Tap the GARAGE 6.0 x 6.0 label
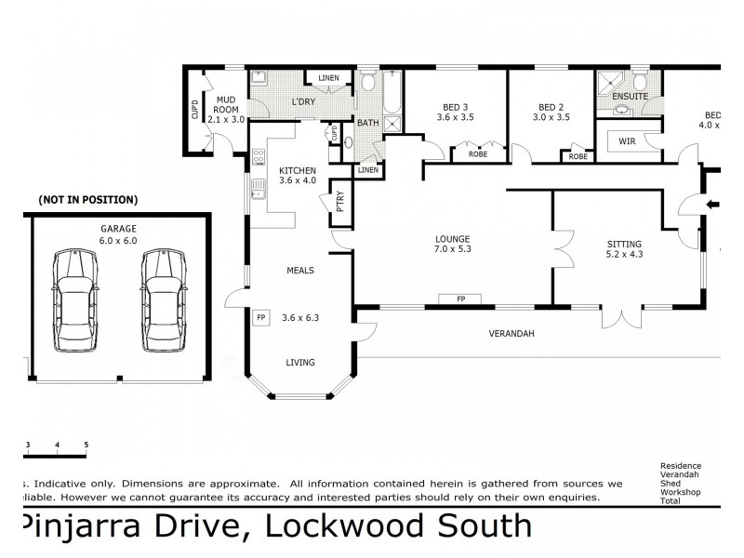[118, 233]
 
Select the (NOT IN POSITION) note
[87, 199]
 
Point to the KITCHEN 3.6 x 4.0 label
[298, 176]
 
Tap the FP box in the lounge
[460, 299]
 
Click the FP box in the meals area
[260, 317]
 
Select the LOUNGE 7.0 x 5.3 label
[452, 244]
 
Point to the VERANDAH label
[512, 333]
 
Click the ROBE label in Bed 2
[578, 157]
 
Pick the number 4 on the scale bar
[58, 445]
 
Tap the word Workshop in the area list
[680, 491]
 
